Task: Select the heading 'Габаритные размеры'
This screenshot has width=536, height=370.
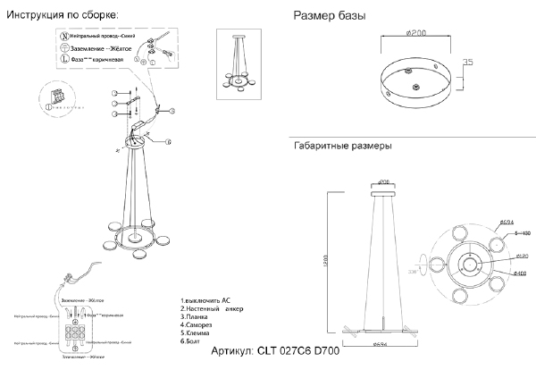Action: [342, 146]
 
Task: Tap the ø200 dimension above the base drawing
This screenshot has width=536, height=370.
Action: [413, 33]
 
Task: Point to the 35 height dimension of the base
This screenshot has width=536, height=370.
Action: [467, 63]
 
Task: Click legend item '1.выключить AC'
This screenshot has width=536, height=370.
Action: [206, 301]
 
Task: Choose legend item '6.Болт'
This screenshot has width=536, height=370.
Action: [192, 341]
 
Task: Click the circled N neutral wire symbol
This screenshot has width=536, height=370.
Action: [63, 34]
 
